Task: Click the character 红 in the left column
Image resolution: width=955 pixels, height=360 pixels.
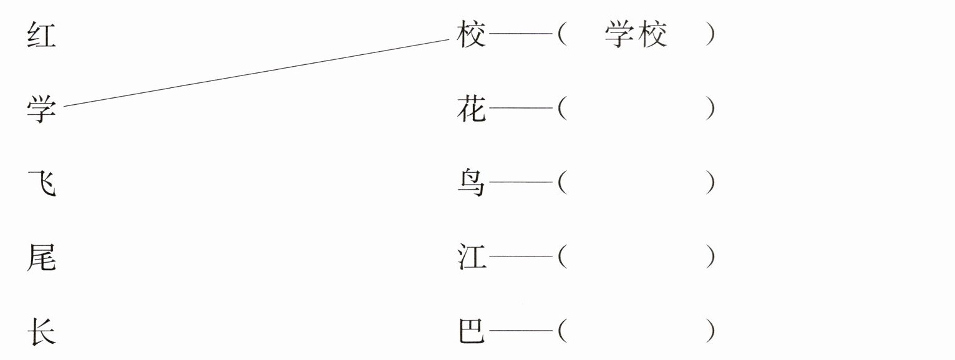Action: tap(41, 36)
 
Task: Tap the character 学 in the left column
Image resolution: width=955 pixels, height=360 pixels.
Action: tap(41, 110)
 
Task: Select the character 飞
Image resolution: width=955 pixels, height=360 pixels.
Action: tap(41, 183)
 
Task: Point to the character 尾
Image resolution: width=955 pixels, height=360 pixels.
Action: tap(41, 258)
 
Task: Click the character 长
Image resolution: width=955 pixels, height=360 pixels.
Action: tap(41, 331)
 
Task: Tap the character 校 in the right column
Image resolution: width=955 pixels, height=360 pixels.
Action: tap(471, 36)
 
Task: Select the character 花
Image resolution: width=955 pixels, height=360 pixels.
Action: tap(471, 110)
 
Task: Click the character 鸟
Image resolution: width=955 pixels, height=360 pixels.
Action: tap(471, 183)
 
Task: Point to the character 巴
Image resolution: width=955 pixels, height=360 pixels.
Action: tap(471, 331)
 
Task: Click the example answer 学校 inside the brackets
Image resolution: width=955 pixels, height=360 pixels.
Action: tap(636, 36)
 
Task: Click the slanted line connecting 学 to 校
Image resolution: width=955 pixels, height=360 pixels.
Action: tap(256, 73)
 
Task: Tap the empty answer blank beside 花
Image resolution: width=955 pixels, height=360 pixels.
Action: tap(636, 110)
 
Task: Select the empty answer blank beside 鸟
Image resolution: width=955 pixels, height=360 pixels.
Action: tap(636, 183)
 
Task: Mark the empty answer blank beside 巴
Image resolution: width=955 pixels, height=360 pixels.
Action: tap(636, 331)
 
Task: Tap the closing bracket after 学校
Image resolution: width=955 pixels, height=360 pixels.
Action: tap(710, 36)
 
